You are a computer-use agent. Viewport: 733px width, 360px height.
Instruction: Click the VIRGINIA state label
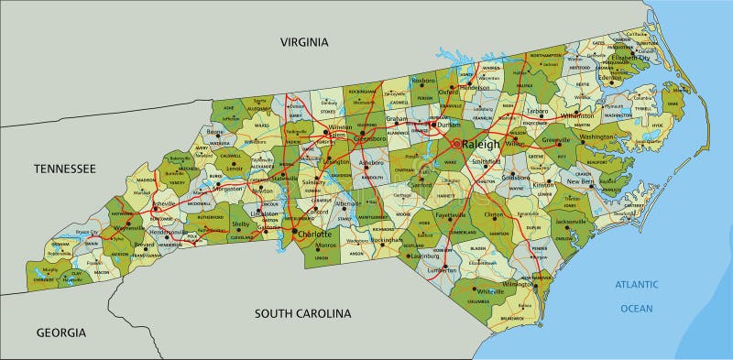click(x=303, y=42)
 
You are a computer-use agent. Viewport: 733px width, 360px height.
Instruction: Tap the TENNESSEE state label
click(x=64, y=169)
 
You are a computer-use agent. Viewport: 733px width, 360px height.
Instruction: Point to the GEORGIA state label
click(x=60, y=332)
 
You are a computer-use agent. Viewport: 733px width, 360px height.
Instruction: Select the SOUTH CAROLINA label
click(x=302, y=313)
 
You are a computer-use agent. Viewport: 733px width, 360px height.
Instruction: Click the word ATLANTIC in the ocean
click(x=637, y=286)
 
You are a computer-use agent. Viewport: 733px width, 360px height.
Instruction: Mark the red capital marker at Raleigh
click(x=456, y=144)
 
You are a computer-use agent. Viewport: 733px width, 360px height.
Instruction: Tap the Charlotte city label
click(x=315, y=235)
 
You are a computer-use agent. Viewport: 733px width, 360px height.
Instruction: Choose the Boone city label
click(x=215, y=132)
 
